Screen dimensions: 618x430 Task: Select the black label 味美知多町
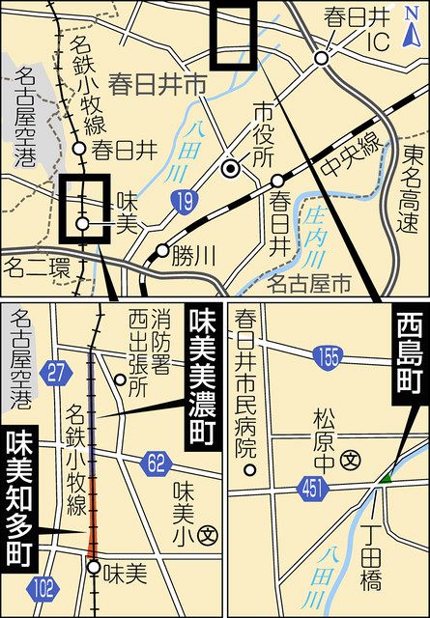point(17,498)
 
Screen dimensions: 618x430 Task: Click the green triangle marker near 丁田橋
point(385,477)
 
